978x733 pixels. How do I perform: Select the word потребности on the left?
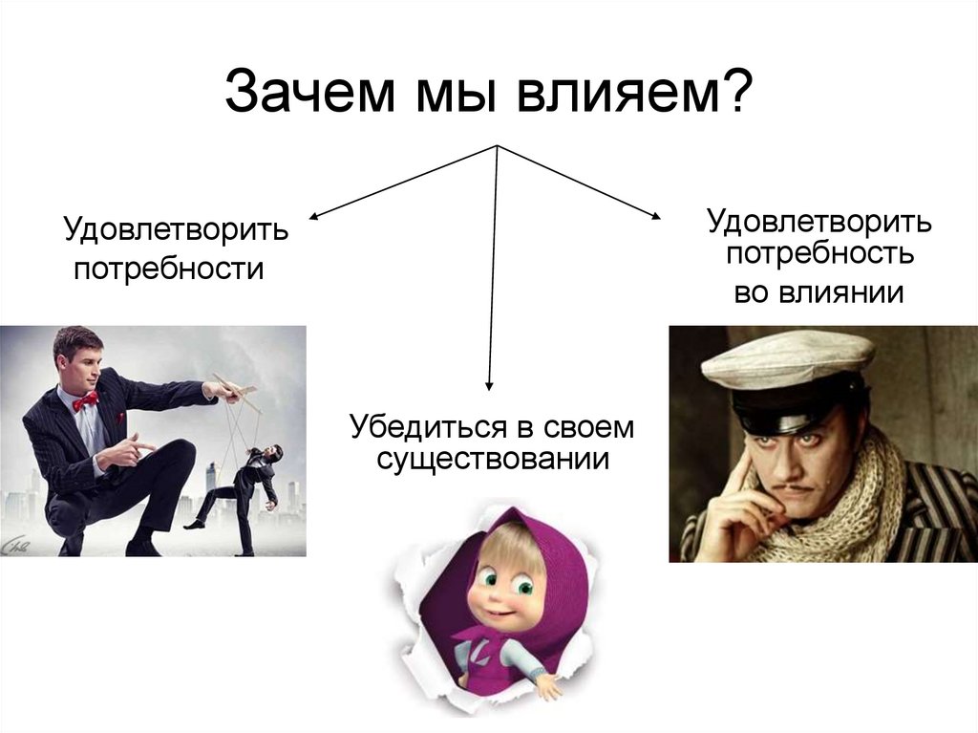[169, 270]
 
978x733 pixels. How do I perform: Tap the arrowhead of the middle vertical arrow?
[489, 384]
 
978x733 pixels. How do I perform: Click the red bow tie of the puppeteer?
[85, 400]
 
